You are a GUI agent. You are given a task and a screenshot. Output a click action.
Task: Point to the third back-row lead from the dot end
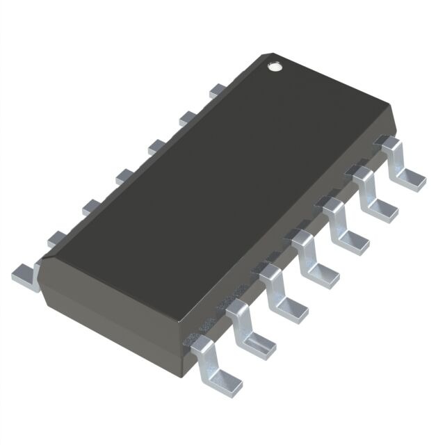point(156,145)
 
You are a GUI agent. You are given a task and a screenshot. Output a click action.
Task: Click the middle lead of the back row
point(124,175)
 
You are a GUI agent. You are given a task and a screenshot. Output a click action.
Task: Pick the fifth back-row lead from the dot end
point(90,205)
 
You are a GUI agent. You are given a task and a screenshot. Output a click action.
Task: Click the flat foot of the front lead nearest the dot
point(412,179)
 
